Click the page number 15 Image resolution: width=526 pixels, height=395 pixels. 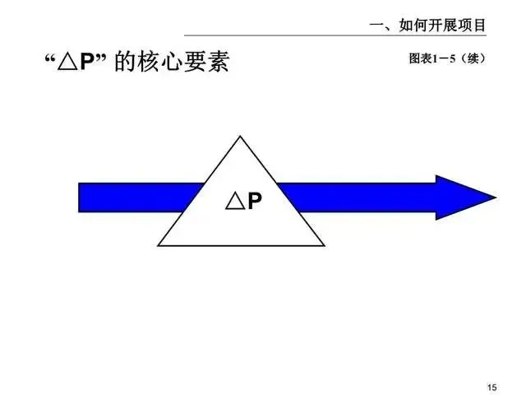point(493,387)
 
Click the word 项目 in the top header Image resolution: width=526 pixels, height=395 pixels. point(473,26)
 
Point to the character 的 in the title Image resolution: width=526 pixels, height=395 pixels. point(125,63)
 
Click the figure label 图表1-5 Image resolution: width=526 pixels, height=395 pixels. point(428,60)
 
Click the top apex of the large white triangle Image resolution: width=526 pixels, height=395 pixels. point(240,137)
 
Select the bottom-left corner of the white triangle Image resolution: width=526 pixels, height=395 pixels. point(160,244)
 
